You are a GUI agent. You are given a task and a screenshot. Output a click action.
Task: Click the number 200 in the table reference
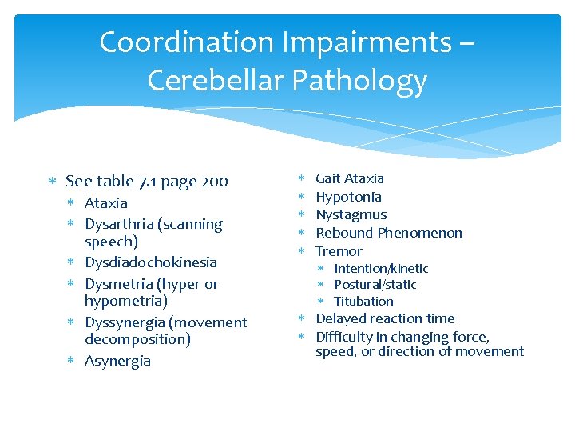click(215, 182)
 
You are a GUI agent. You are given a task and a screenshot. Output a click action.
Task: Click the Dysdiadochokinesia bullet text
click(151, 262)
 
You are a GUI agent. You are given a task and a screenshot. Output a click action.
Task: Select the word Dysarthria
click(120, 225)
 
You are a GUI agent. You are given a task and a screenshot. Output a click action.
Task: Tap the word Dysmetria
click(118, 284)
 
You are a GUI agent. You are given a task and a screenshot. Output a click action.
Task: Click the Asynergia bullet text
click(117, 361)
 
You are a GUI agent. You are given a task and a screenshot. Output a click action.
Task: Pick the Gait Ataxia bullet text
click(350, 178)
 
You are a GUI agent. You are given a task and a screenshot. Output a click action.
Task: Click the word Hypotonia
click(348, 197)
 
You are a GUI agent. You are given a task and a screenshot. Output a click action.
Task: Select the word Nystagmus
click(351, 214)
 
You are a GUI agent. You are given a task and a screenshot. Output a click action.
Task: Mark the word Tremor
click(339, 251)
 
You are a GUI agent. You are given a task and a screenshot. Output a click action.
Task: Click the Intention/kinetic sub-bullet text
click(381, 269)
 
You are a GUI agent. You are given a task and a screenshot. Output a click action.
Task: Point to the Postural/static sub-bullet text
click(375, 285)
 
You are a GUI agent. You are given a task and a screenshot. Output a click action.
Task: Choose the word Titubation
click(363, 302)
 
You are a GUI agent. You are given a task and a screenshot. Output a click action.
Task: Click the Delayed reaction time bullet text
click(385, 318)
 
